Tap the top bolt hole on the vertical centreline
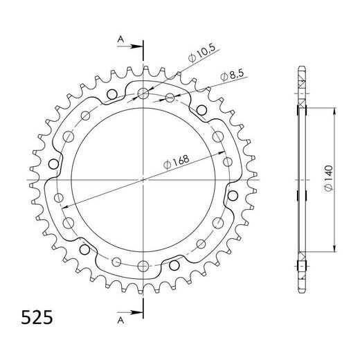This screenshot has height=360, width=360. point(143,93)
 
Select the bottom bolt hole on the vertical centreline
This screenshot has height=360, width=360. point(143,265)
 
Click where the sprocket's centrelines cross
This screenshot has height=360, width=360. point(143,179)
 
